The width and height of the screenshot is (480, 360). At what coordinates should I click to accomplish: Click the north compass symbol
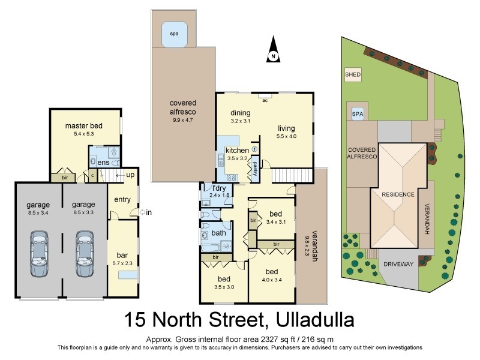[273, 49]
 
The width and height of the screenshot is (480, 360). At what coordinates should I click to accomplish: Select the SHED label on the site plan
[352, 75]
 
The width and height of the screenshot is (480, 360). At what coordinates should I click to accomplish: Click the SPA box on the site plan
[358, 113]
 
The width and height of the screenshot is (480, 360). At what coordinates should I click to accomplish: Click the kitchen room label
[236, 150]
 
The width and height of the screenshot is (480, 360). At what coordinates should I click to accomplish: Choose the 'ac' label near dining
[264, 100]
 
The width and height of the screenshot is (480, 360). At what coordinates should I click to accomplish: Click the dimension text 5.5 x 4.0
[287, 136]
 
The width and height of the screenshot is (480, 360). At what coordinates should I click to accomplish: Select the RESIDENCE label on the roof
[398, 194]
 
